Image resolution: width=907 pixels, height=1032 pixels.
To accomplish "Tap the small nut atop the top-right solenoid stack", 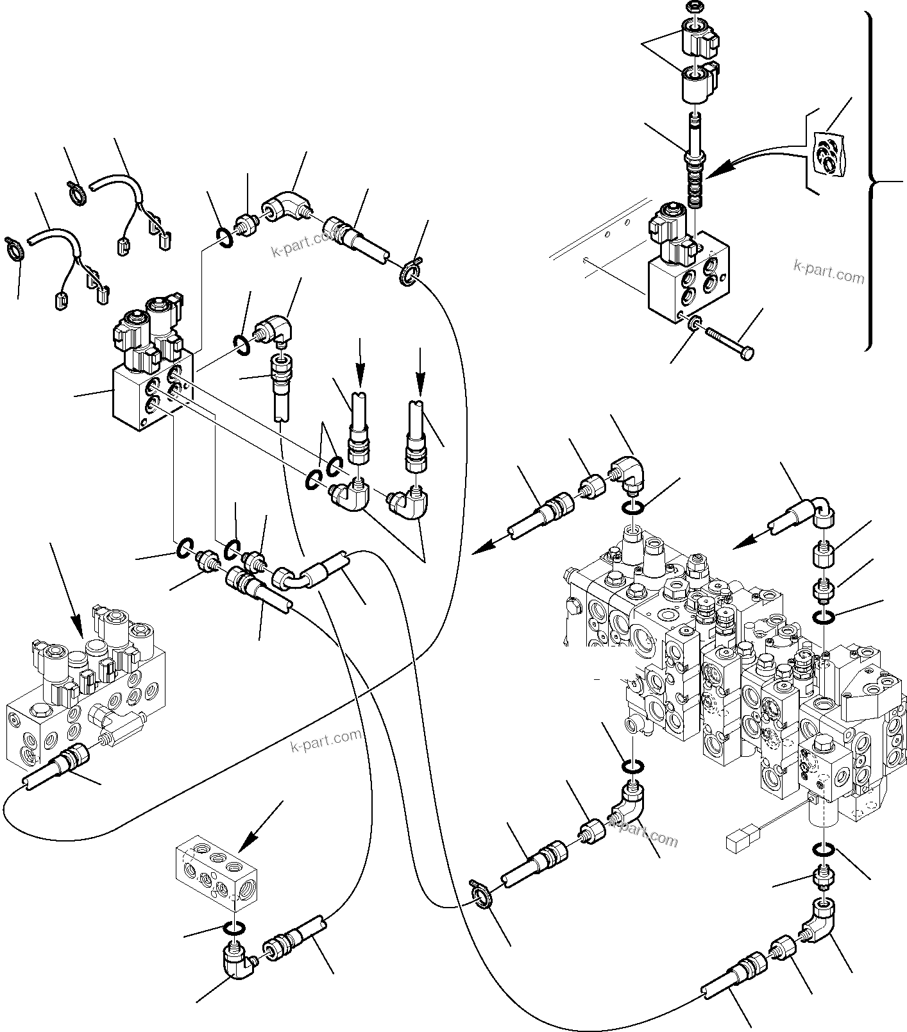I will point(693,7).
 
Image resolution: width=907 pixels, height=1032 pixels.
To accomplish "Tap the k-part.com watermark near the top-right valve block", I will point(828,271).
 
